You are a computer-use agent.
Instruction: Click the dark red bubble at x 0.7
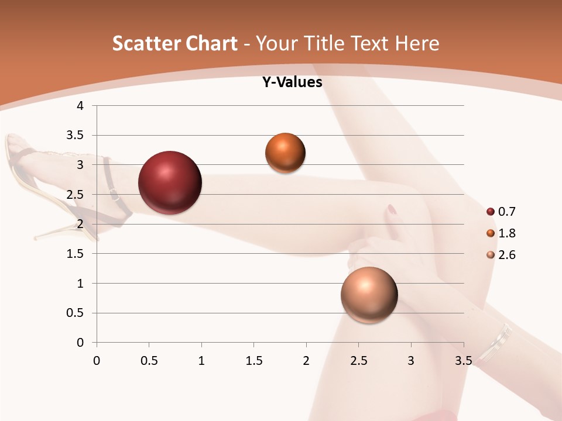click(170, 182)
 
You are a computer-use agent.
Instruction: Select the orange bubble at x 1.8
click(285, 153)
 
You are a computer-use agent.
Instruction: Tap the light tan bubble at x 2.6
click(369, 295)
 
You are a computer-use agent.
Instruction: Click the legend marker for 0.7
click(491, 212)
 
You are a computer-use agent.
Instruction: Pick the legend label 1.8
click(506, 233)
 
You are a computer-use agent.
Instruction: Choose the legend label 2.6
click(506, 255)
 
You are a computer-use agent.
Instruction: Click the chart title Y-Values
click(292, 82)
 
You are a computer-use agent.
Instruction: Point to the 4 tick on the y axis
click(81, 106)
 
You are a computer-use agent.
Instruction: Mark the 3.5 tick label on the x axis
click(463, 361)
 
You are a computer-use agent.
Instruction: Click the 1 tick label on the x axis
click(201, 361)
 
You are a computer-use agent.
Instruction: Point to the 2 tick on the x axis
click(306, 361)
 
